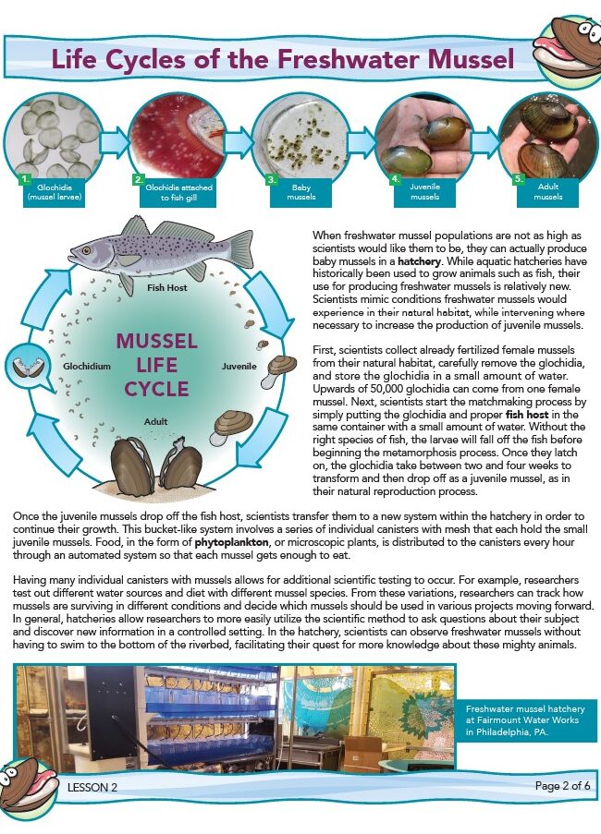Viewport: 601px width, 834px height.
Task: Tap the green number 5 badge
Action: coord(518,178)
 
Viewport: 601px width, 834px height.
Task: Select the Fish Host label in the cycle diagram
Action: coord(166,288)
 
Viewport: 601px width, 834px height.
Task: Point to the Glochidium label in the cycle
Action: coord(87,367)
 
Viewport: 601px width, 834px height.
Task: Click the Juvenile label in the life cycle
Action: coord(239,367)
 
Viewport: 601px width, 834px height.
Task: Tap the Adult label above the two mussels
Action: coord(156,421)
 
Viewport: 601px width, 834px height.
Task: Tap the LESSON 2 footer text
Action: coord(92,787)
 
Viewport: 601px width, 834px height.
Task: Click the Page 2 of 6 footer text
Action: coord(562,786)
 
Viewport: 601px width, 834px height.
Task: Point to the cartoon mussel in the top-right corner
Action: coord(567,46)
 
